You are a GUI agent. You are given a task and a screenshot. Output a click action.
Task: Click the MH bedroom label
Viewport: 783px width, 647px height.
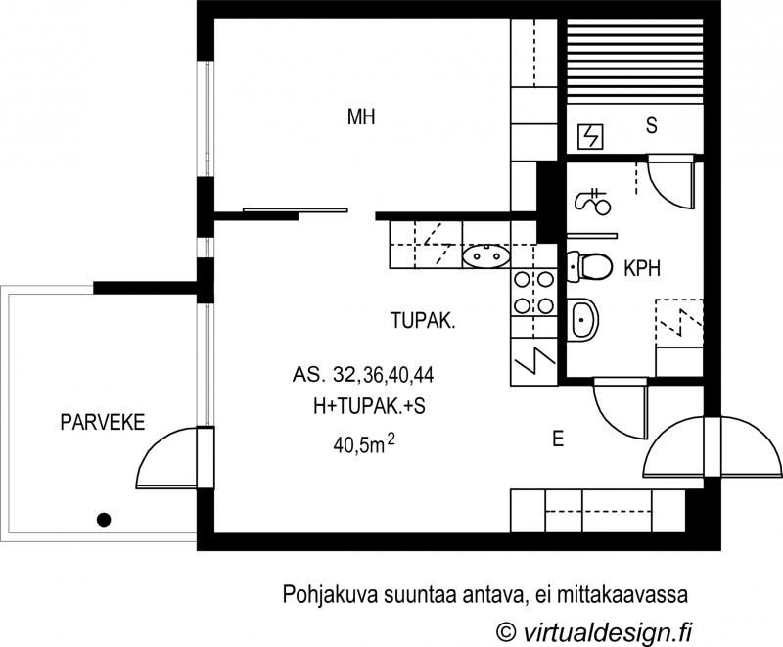[362, 117]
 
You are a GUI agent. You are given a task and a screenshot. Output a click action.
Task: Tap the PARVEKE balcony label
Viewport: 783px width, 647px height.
[102, 423]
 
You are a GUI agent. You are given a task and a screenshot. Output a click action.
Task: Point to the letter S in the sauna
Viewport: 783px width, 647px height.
[651, 125]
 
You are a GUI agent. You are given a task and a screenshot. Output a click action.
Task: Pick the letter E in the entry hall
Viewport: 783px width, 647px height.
[558, 440]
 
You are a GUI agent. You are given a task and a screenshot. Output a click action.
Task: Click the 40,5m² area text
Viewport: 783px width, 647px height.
[363, 445]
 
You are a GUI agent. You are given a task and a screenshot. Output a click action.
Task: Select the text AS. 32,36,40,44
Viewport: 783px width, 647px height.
[362, 374]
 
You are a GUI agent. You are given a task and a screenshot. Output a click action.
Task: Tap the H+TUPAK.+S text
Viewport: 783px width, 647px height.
[363, 407]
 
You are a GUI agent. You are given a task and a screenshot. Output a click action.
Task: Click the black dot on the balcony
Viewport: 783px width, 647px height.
[103, 520]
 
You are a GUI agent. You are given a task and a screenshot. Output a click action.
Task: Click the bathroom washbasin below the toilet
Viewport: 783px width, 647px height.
[584, 317]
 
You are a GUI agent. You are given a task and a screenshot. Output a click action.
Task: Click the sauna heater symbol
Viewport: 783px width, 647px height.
[591, 136]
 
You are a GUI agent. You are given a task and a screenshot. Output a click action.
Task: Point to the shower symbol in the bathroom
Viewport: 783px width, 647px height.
[593, 202]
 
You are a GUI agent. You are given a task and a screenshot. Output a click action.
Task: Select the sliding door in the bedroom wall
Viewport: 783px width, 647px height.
[295, 209]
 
